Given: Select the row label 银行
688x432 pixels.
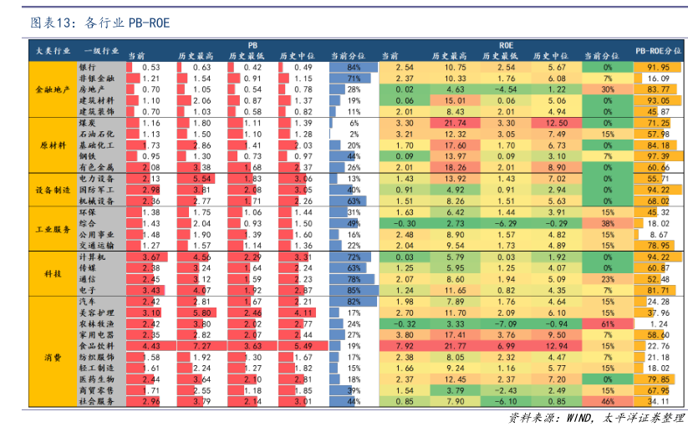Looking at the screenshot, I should click(x=88, y=67).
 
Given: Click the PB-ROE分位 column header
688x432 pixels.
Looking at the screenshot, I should click(x=659, y=52).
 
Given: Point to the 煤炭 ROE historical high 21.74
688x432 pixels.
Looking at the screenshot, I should click(x=455, y=123).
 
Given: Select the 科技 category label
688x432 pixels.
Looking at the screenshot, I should click(x=52, y=273).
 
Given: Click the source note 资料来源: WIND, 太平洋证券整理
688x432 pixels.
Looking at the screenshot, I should click(x=597, y=418).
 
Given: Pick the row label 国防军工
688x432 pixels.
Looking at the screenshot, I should click(x=94, y=190).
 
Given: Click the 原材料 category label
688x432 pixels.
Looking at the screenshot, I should click(x=52, y=145).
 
